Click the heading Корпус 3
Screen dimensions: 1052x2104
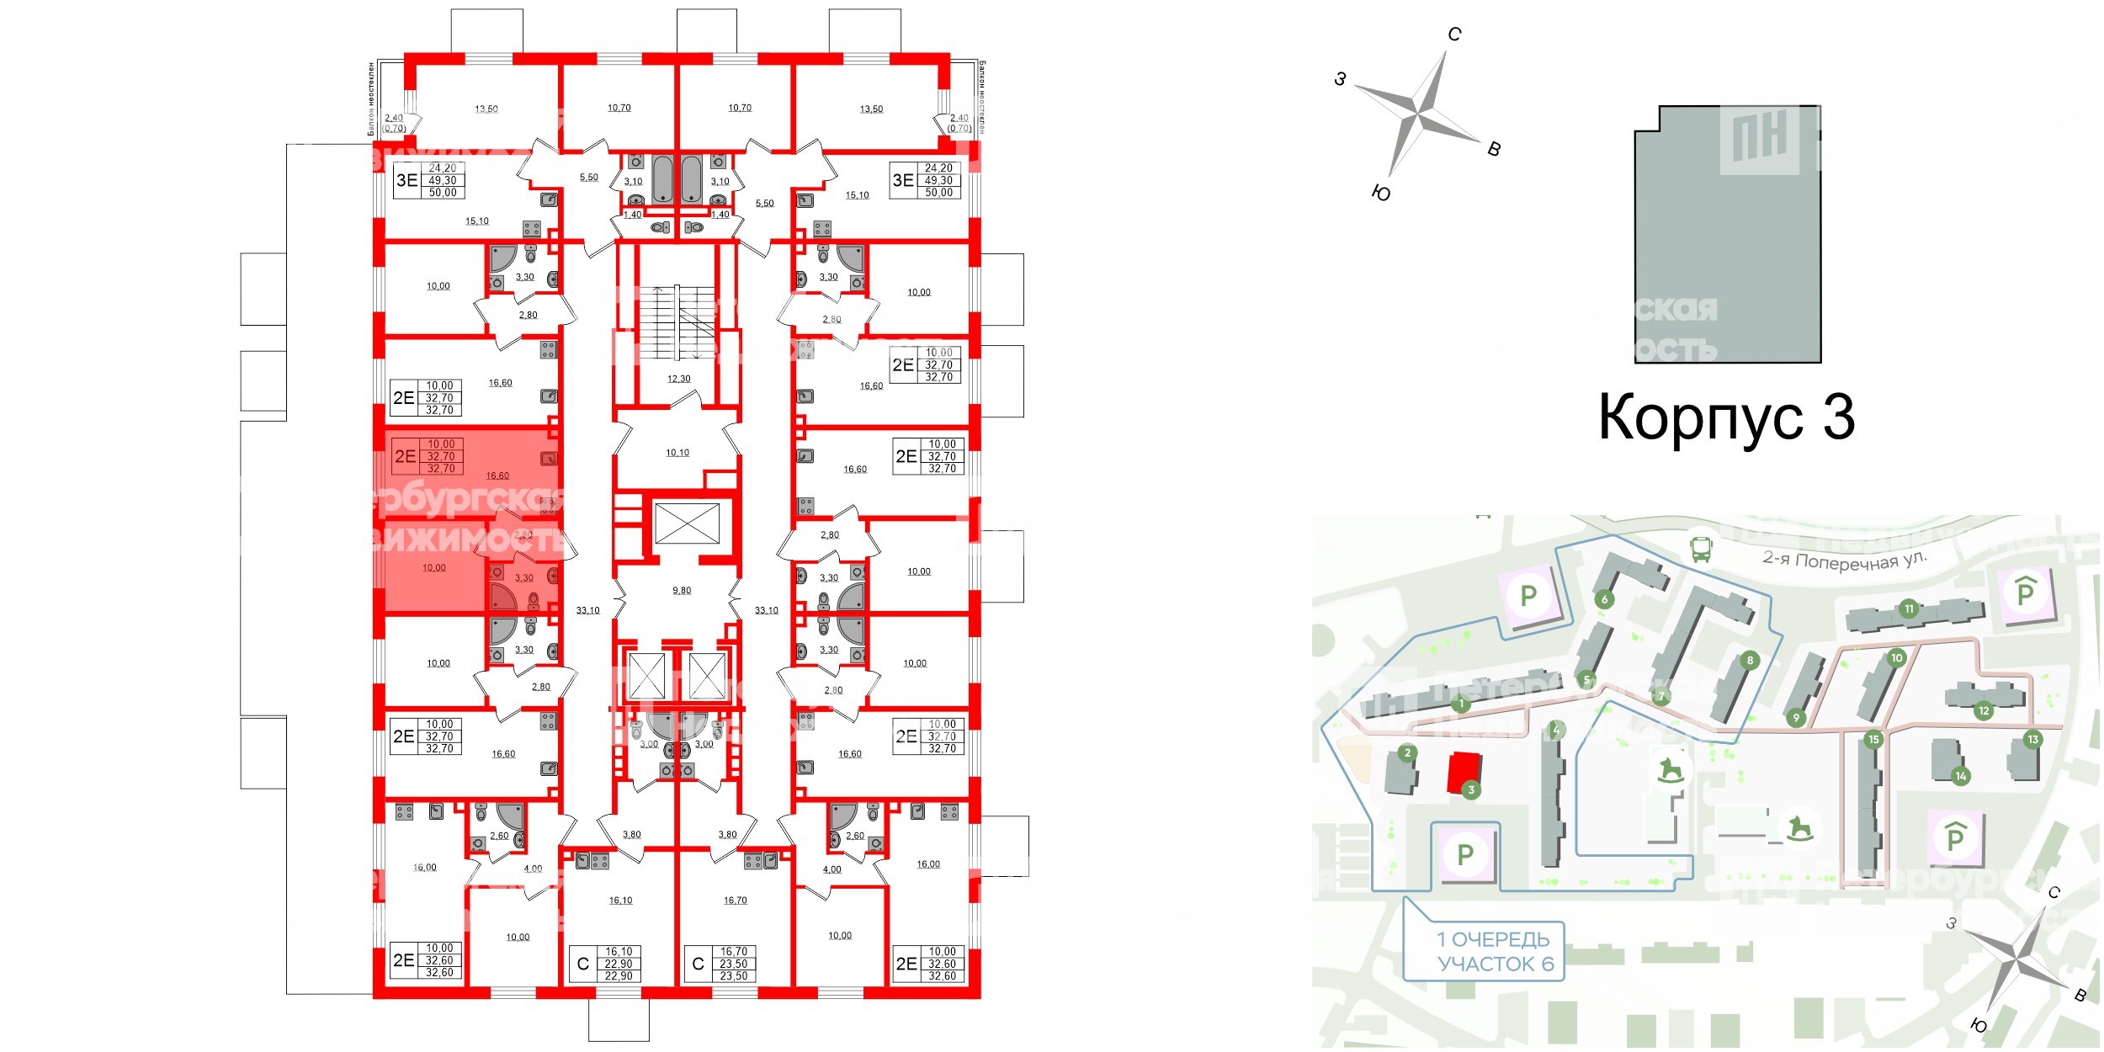(x=1725, y=417)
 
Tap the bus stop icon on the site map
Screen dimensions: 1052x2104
(x=1701, y=550)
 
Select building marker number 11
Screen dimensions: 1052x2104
(x=1909, y=608)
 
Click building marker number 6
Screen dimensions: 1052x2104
(x=1604, y=599)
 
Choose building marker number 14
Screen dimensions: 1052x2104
(x=1961, y=776)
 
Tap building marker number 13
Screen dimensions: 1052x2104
(x=2032, y=739)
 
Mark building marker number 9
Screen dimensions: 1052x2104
(x=1796, y=718)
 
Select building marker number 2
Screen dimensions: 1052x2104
(x=1407, y=752)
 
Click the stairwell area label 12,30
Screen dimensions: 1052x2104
(x=678, y=379)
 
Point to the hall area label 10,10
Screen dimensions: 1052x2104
(x=677, y=453)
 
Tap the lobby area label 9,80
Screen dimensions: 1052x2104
(x=682, y=591)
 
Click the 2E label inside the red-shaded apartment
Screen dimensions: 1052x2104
(x=405, y=456)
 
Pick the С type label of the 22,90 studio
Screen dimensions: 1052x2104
(x=582, y=964)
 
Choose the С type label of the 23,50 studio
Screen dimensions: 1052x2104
(x=698, y=964)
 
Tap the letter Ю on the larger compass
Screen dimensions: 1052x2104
(x=1380, y=194)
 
